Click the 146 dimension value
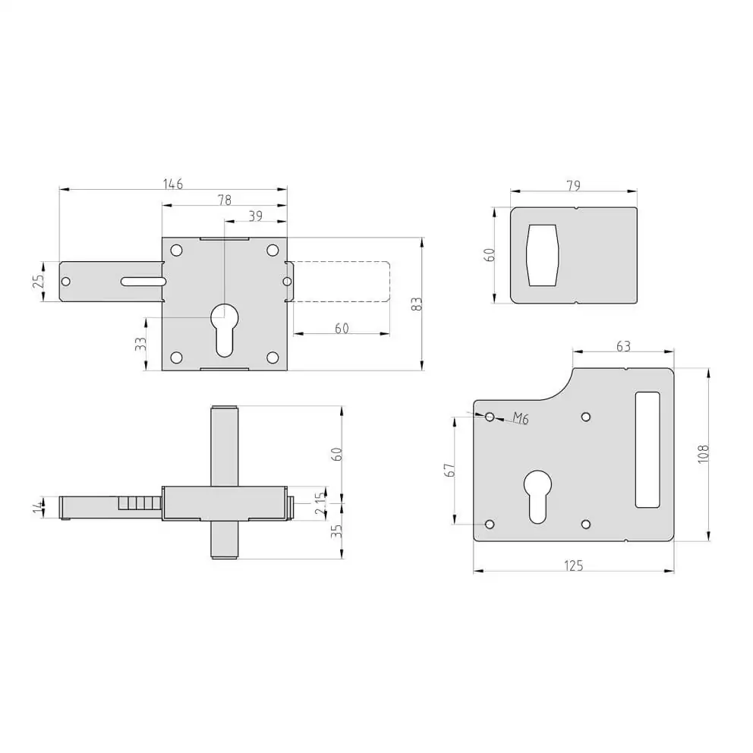click(173, 184)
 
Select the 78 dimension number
click(224, 200)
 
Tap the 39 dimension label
click(256, 216)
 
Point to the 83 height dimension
click(417, 304)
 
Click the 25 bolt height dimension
click(39, 281)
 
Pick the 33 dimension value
click(140, 344)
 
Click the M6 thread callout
click(521, 418)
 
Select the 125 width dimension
click(573, 566)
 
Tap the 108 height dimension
click(704, 454)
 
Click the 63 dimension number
click(623, 346)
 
